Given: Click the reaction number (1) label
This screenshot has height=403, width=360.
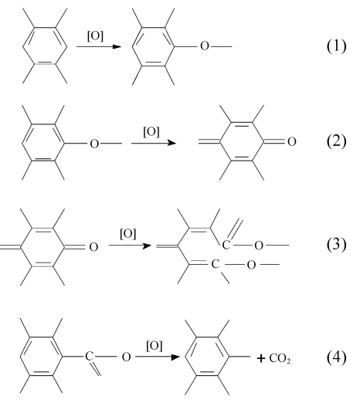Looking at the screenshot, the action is click(337, 46).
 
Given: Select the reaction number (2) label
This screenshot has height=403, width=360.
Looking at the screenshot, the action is click(337, 141).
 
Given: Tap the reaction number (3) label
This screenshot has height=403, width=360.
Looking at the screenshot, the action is click(337, 244).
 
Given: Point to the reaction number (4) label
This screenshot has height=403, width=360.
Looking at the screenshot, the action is click(337, 357).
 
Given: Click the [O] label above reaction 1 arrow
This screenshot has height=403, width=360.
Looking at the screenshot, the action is click(95, 36).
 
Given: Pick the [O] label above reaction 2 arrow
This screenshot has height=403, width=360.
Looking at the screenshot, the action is click(151, 132).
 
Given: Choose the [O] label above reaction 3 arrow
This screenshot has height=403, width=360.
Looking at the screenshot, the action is click(127, 234).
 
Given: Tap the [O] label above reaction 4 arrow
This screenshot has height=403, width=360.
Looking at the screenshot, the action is click(155, 346).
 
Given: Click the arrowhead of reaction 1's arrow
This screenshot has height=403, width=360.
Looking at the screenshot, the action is click(117, 46).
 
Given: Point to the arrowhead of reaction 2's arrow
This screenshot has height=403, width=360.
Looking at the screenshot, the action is click(172, 143).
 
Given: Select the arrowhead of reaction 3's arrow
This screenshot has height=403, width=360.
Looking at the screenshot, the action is click(147, 246).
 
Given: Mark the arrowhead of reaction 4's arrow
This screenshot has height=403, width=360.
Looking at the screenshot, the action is click(175, 357).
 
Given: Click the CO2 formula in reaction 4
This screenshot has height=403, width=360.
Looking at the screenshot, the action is click(280, 358).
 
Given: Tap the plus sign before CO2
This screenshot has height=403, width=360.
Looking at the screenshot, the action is click(261, 358).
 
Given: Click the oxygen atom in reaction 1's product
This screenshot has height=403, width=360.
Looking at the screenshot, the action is click(205, 46).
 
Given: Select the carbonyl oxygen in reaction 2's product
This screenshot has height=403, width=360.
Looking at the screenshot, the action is click(291, 141).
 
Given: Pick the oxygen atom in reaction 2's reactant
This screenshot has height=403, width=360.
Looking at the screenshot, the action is click(94, 144).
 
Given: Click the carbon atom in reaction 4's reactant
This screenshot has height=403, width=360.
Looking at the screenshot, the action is click(90, 357).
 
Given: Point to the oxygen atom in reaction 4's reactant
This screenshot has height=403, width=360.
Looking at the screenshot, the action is click(126, 357).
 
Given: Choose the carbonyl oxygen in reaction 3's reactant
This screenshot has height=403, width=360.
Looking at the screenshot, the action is click(93, 247).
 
